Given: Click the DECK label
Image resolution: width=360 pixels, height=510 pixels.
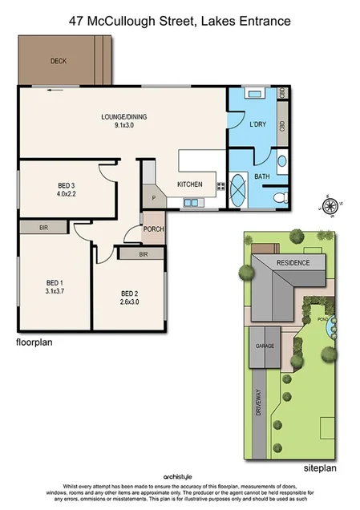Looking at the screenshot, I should [x=58, y=61].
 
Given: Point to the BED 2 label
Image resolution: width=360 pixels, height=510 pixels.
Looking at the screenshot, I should [x=130, y=293].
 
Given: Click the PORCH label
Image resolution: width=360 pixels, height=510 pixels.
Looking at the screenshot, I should [x=153, y=229].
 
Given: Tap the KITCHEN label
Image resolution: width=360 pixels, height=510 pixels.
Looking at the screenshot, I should [x=190, y=184].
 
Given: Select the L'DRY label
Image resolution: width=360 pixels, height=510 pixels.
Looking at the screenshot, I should [x=257, y=125].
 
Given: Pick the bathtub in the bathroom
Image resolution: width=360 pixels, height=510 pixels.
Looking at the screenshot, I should [x=241, y=189].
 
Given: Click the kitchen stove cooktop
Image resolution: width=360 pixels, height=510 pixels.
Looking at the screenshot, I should [x=220, y=186].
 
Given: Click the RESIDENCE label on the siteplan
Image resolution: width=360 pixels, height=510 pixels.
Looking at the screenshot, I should [x=292, y=263].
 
